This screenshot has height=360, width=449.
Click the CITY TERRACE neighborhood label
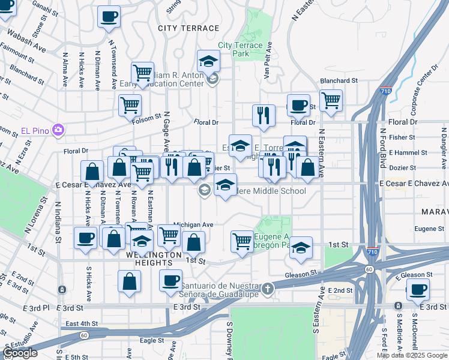(188, 28)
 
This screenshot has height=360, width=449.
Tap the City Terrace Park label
(240, 49)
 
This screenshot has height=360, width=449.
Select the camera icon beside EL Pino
(58, 130)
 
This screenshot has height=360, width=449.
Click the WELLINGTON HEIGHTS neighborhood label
(153, 255)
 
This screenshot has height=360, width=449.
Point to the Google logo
(20, 353)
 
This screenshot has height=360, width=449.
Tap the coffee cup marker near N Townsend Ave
(109, 17)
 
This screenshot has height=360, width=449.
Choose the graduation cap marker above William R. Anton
(208, 61)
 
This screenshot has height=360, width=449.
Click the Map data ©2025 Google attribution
(412, 355)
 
